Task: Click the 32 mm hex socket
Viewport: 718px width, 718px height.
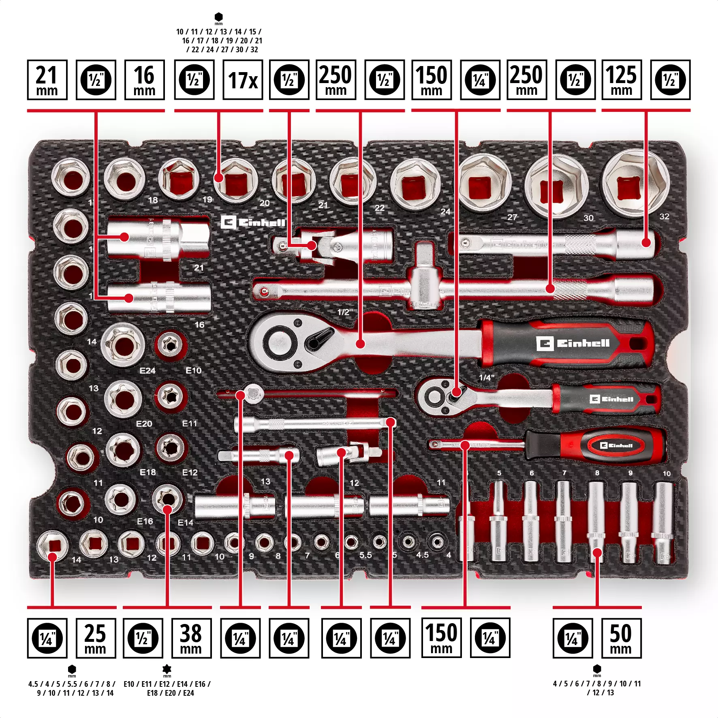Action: [x=635, y=184]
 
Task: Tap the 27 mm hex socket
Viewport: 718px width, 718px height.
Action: [x=556, y=186]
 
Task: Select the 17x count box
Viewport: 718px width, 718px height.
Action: [x=243, y=80]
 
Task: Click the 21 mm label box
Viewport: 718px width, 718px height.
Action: [x=47, y=80]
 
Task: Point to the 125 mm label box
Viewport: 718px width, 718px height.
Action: [x=622, y=80]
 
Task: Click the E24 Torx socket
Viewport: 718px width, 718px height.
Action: [x=123, y=345]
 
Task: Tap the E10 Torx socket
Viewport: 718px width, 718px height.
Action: [x=171, y=345]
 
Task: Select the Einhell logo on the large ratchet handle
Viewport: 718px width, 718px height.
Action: [x=573, y=344]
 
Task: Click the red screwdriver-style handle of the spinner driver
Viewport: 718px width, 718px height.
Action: [x=596, y=446]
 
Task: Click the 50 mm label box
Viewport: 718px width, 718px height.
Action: [x=621, y=638]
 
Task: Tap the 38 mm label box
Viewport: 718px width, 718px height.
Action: [x=191, y=638]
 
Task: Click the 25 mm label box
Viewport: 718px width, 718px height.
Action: [x=96, y=638]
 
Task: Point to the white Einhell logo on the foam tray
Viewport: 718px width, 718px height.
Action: [x=253, y=222]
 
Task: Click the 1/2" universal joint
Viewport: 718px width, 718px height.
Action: [x=332, y=246]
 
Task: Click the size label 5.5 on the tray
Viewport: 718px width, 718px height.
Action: [x=365, y=555]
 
